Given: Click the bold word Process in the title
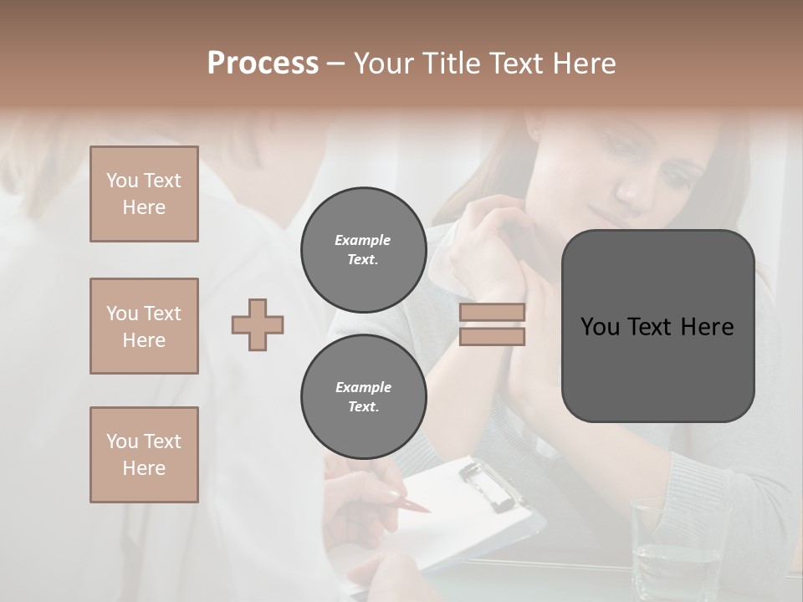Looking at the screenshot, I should click(263, 64).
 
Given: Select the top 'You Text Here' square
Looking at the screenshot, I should click(144, 194).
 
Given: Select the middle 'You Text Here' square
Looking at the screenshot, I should click(144, 326).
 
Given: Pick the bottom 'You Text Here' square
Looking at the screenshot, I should click(144, 455).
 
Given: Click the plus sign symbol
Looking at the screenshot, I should click(258, 324).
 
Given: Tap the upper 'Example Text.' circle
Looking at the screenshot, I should click(363, 250).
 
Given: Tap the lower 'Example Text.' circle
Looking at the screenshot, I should click(363, 397).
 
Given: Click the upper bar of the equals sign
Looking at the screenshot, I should click(493, 313).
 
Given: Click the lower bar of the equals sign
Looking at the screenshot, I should click(493, 337).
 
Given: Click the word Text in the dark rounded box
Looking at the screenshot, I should click(657, 327).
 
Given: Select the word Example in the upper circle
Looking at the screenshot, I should click(363, 240).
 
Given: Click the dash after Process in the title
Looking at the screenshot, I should click(336, 64).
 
